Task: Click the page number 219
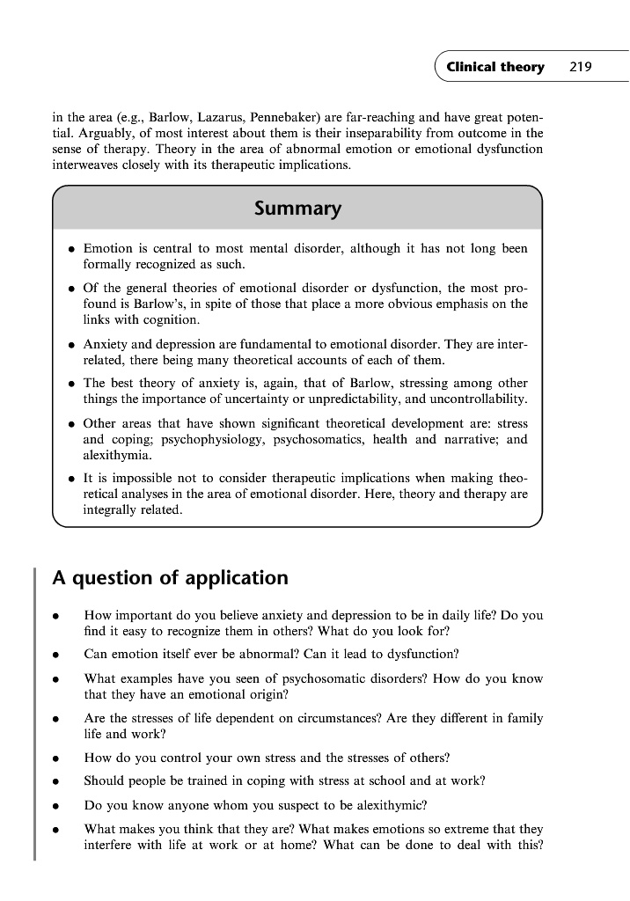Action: (x=580, y=68)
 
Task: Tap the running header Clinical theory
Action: (x=494, y=68)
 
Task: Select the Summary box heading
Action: (x=297, y=209)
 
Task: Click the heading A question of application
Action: (x=171, y=578)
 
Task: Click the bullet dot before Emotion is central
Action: (x=70, y=249)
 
